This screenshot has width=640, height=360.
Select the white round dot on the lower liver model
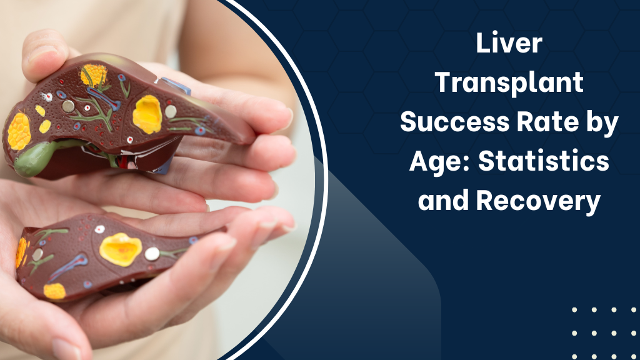click(x=152, y=253)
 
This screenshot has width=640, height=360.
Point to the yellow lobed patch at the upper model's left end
click(x=19, y=131)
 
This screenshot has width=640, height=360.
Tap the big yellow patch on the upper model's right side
click(x=147, y=114)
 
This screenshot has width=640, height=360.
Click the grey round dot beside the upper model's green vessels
click(x=68, y=106)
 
